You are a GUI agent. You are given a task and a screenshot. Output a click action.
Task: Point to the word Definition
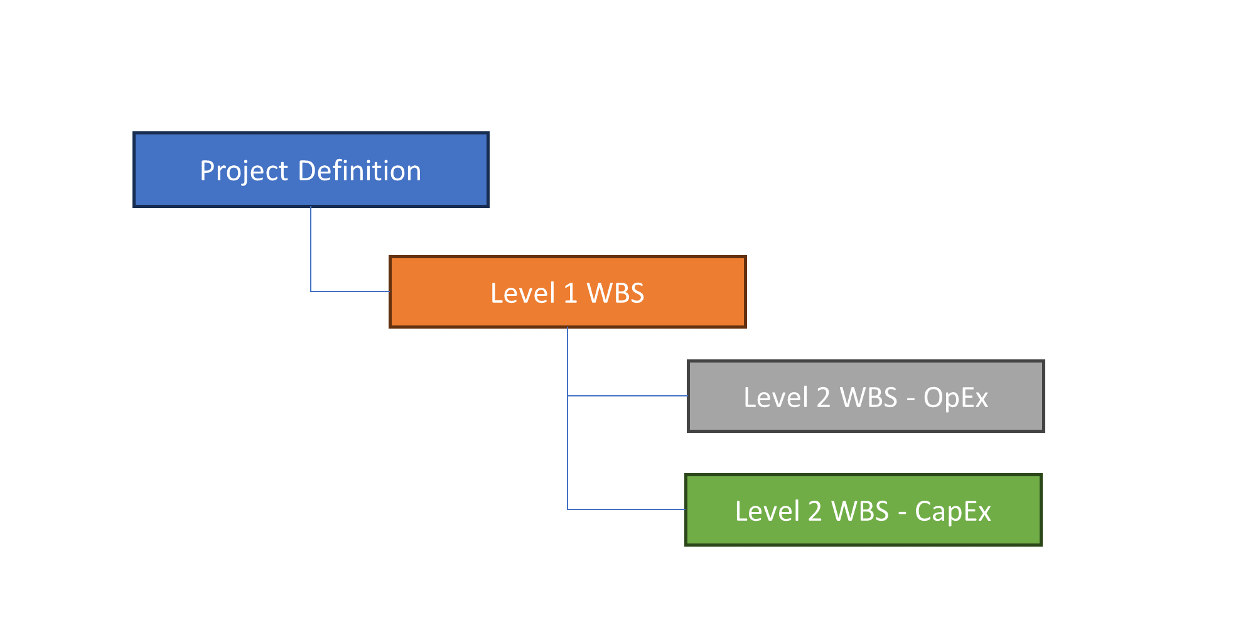tap(359, 171)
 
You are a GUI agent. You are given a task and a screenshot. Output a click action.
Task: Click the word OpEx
tap(955, 398)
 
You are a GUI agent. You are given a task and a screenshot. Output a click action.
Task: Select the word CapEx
tap(952, 511)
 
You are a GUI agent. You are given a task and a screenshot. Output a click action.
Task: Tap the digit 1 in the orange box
tap(570, 293)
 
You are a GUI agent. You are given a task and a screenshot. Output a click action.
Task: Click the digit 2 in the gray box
tap(823, 398)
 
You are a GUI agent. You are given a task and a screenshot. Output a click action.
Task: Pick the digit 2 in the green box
tap(815, 511)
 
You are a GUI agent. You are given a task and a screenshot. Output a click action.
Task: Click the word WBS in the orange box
tap(615, 293)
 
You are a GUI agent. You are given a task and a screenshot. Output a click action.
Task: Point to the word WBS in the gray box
tap(869, 398)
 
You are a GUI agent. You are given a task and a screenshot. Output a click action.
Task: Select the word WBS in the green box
tap(860, 511)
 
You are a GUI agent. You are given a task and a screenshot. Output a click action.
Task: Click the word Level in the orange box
tap(522, 293)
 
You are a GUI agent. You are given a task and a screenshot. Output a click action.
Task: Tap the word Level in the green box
tap(767, 511)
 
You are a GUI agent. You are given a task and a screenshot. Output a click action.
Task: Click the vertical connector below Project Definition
tap(311, 248)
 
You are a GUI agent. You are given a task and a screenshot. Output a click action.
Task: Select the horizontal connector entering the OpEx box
tap(628, 396)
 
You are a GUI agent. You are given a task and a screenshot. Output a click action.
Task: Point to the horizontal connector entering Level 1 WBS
tap(350, 292)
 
